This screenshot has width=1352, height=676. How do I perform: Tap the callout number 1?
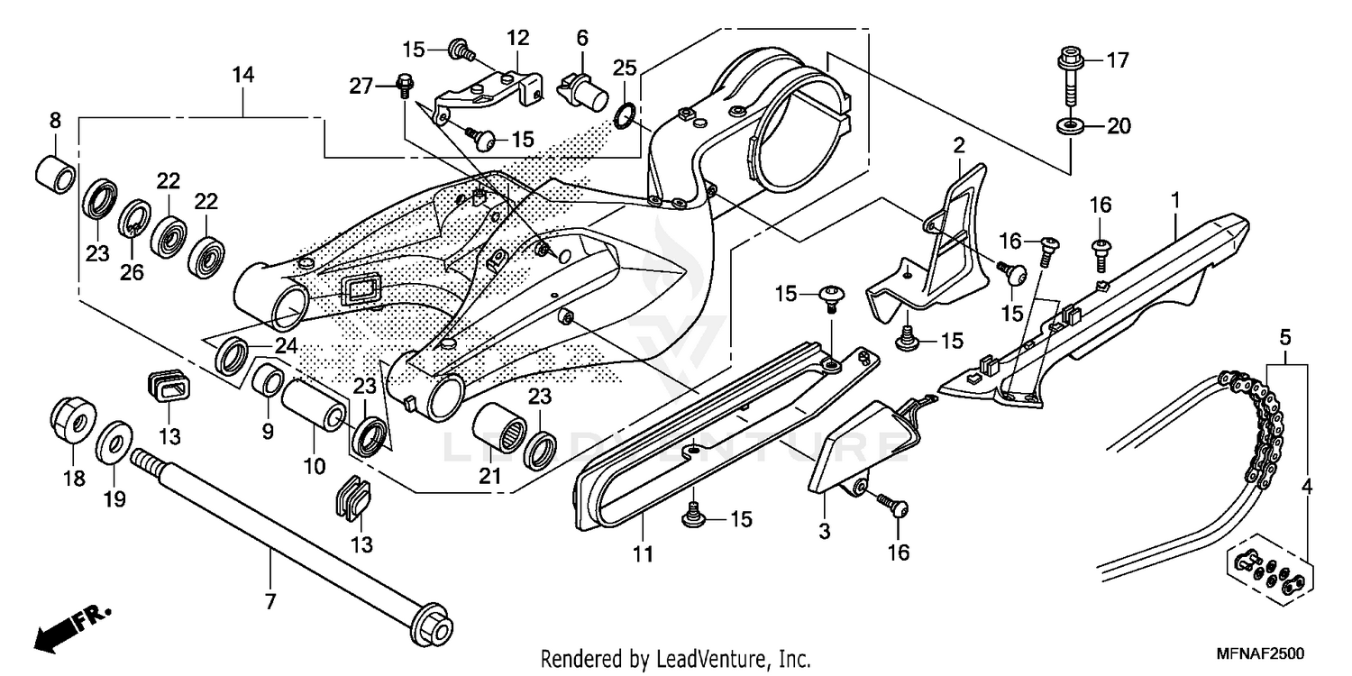coord(1175,196)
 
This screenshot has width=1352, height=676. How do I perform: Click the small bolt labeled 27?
coord(404,87)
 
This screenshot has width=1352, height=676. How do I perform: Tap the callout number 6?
coord(582,38)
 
